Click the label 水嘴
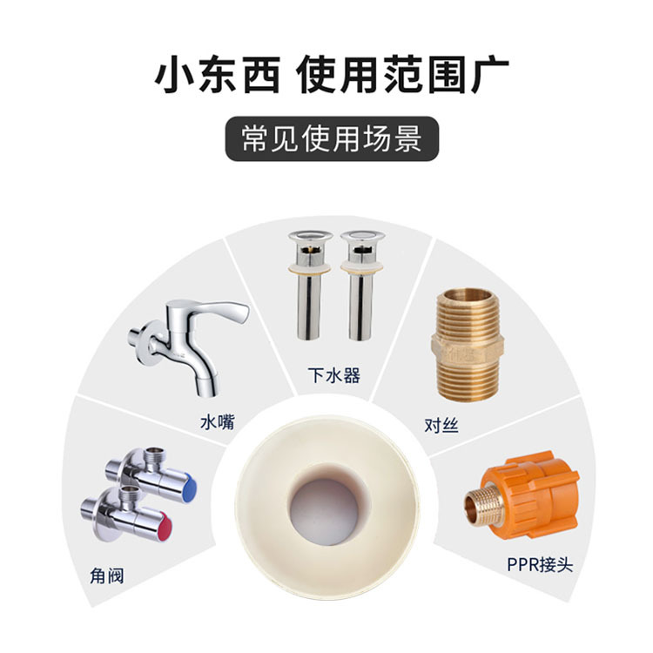coord(218,422)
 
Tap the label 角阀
coord(106,576)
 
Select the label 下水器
coord(334,374)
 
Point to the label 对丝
coord(441,425)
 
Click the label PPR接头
coord(540,565)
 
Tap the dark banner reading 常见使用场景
coord(332,138)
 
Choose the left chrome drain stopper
coord(310,285)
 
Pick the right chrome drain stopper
coord(362,285)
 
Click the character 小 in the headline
coord(173,75)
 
